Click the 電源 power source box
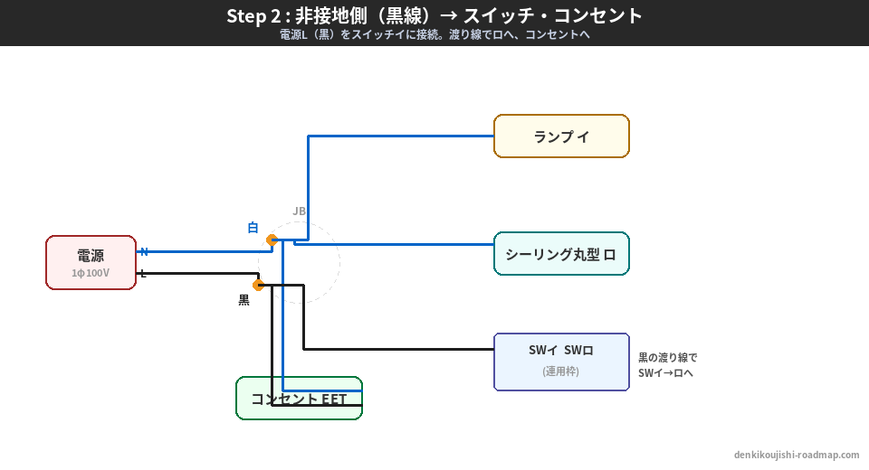[x=91, y=262]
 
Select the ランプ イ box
[x=561, y=136]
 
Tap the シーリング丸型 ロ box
[x=561, y=254]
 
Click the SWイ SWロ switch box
[x=561, y=362]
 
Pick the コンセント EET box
[x=299, y=399]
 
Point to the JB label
[x=299, y=211]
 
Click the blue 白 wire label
[x=253, y=228]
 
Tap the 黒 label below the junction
[x=244, y=300]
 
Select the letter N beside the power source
[x=144, y=251]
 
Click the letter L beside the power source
[x=143, y=273]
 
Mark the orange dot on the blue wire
[x=272, y=240]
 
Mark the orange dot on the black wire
[x=258, y=285]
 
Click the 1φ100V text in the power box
[x=91, y=273]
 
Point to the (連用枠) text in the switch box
[x=561, y=371]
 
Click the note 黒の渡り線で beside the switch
[x=668, y=357]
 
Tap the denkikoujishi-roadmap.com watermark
[x=797, y=455]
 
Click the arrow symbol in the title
[x=447, y=15]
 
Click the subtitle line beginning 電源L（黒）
[x=434, y=35]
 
